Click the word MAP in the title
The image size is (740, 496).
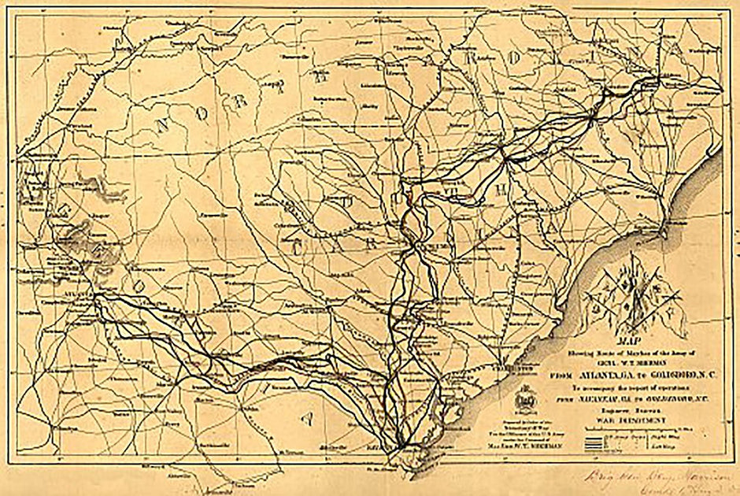point(627,342)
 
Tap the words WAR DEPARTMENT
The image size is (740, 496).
point(627,420)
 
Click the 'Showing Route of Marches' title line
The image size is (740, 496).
point(627,352)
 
